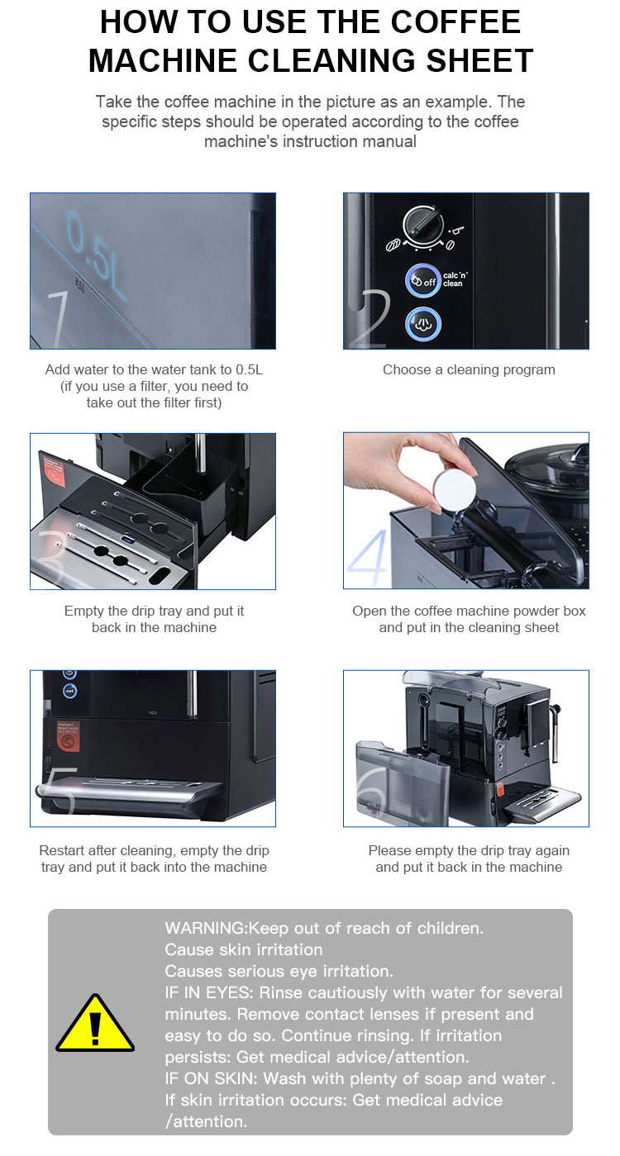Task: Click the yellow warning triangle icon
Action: [x=94, y=1024]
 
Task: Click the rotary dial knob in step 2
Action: [x=422, y=224]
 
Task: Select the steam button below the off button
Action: [x=422, y=323]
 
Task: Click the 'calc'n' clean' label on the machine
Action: [x=453, y=279]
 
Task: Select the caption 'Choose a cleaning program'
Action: [x=469, y=369]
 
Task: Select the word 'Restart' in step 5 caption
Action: [x=63, y=850]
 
